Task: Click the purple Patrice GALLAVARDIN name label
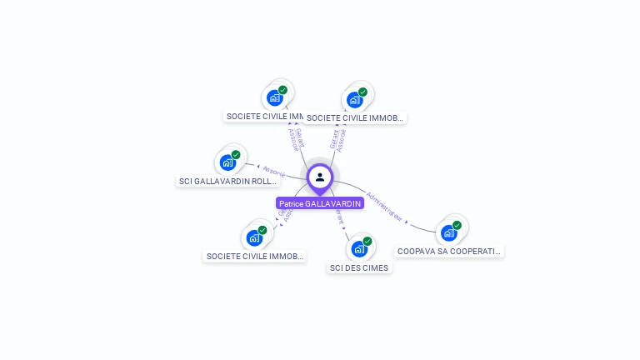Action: click(320, 203)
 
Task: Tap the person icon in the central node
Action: click(320, 177)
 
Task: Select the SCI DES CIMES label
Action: click(358, 268)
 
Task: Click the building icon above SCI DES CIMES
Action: click(358, 248)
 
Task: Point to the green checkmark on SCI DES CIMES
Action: click(367, 241)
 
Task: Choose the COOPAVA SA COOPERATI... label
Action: click(449, 251)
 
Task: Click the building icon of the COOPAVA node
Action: click(449, 232)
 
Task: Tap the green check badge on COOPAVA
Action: click(457, 225)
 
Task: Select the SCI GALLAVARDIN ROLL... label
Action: click(227, 181)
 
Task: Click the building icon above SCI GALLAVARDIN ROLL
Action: click(227, 162)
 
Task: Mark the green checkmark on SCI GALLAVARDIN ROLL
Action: click(236, 154)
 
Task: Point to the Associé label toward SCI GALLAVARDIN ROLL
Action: click(273, 172)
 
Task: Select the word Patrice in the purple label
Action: click(291, 203)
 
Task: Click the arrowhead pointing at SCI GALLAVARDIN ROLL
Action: click(258, 167)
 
